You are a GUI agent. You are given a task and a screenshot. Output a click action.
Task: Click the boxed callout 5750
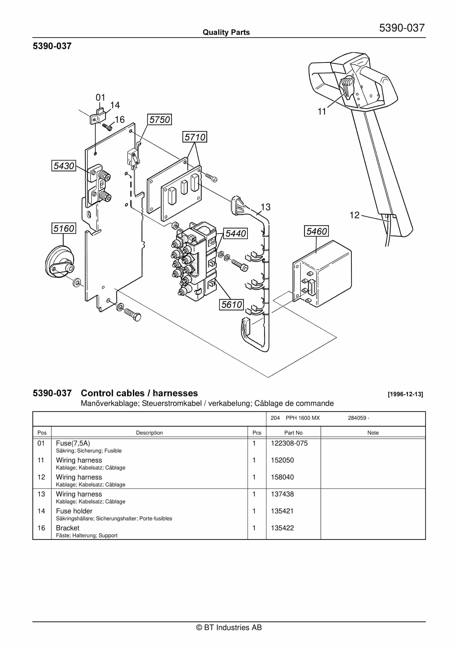coord(159,120)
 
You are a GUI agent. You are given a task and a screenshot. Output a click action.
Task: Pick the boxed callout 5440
coord(236,233)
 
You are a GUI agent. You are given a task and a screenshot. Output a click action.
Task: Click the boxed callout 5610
coord(231,305)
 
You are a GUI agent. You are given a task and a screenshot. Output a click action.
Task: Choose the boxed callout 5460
coord(316,231)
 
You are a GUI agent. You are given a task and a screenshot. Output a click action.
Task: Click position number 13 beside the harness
coord(265,207)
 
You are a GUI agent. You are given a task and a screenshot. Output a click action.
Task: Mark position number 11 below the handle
coord(322,112)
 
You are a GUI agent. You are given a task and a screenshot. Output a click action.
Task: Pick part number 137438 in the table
coord(282,494)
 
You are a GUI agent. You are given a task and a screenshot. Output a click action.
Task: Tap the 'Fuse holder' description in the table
coord(74,511)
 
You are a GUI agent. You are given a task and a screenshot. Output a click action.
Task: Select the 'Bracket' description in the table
coord(68,528)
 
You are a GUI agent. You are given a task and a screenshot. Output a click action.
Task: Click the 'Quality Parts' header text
coord(226,32)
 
